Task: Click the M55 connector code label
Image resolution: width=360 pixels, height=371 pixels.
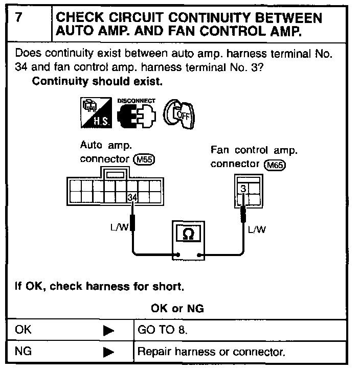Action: pos(144,159)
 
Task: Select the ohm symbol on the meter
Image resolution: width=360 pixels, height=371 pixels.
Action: pos(188,235)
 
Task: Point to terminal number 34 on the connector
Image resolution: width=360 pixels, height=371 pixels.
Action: pos(133,197)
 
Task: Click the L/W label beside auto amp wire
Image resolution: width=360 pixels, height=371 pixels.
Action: pos(119,228)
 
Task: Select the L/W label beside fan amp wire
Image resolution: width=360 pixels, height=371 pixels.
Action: pos(257,229)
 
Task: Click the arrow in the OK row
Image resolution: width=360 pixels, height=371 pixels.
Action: pos(108,331)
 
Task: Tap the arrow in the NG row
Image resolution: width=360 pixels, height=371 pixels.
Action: pos(108,352)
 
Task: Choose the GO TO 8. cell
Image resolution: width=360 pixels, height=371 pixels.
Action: pos(163,330)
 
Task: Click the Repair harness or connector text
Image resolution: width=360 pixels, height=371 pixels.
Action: pos(211,352)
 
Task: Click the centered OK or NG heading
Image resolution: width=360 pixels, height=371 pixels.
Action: pos(177,308)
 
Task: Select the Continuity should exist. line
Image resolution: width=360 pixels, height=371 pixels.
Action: pos(97,81)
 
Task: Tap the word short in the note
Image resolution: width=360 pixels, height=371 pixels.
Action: pos(170,286)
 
